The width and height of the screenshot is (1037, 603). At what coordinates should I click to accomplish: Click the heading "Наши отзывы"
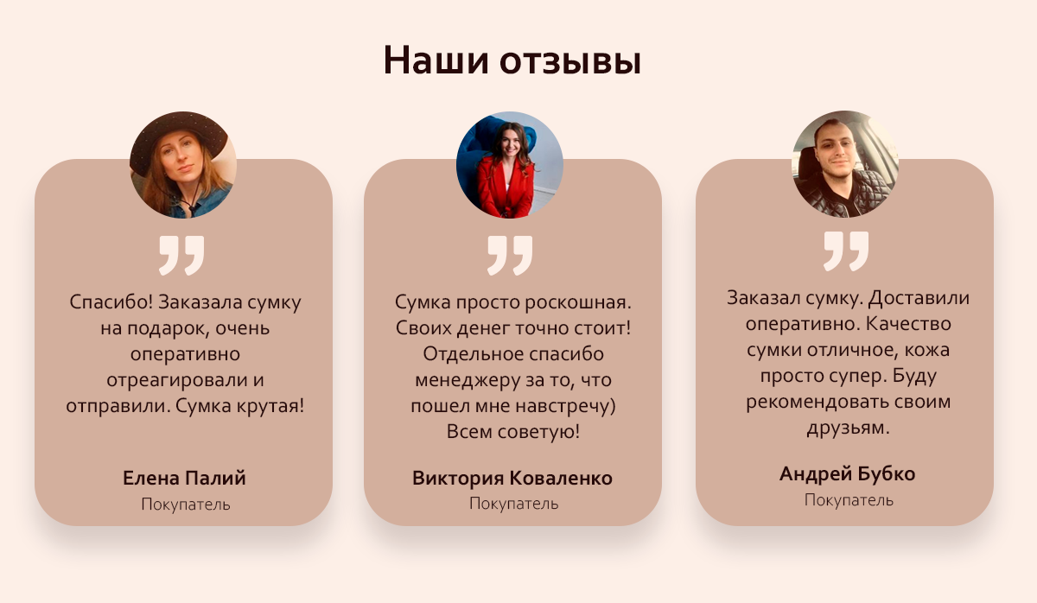tap(512, 60)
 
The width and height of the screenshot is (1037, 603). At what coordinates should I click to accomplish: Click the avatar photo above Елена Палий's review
tap(183, 165)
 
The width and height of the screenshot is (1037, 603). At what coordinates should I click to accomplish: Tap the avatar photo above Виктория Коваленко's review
tap(510, 165)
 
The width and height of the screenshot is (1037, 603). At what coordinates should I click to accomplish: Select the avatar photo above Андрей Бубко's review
tap(845, 164)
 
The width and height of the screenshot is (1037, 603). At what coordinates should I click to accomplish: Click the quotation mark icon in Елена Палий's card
tap(181, 255)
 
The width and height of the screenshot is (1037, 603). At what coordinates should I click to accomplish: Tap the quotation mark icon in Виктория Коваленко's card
tap(510, 255)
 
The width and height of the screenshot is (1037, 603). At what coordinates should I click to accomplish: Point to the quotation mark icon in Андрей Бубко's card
tap(845, 251)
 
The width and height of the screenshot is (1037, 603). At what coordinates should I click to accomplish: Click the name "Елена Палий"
tap(185, 478)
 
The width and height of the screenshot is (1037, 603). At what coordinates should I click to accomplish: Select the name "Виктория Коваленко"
tap(512, 478)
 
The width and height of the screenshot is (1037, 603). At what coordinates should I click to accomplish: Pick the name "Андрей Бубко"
tap(847, 473)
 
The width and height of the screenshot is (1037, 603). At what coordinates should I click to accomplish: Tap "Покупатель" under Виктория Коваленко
tap(513, 503)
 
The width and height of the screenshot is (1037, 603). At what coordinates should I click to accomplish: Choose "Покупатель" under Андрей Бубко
tap(849, 499)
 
